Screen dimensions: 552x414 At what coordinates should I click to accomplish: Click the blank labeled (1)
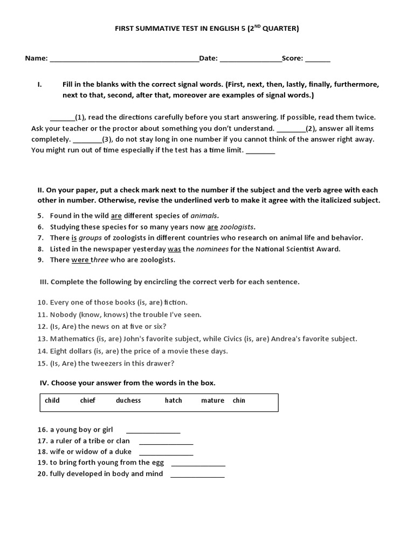pos(62,118)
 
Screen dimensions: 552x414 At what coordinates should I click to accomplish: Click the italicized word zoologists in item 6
pos(238,227)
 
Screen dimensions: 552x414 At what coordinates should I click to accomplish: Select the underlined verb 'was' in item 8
pos(174,249)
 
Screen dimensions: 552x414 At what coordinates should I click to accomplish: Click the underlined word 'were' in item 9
pos(80,260)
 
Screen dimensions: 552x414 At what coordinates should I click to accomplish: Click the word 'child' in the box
pos(52,401)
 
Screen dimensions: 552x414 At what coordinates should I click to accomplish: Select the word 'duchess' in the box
pos(128,401)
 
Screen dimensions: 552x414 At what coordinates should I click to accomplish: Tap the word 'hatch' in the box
pos(174,401)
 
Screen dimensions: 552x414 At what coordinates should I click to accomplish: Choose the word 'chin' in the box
pos(239,401)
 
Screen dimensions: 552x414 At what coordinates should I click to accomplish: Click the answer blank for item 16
pos(153,431)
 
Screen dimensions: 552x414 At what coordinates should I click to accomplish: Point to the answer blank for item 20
pos(197,475)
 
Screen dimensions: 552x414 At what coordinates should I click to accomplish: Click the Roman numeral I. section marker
pos(39,85)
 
